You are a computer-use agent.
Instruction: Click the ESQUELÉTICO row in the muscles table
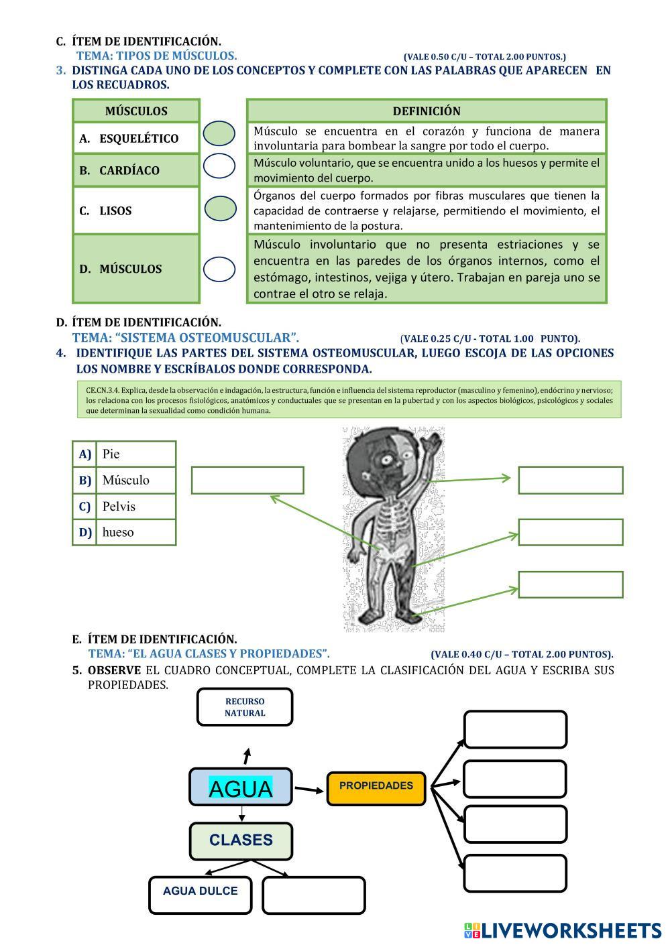[136, 138]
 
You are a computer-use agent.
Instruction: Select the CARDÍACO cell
[136, 170]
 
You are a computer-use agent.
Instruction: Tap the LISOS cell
[136, 210]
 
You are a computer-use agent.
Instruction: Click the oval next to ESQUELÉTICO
[219, 133]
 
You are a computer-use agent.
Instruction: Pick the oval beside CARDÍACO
[219, 166]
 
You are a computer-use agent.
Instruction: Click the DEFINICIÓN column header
[427, 111]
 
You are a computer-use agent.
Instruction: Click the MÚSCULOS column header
[136, 111]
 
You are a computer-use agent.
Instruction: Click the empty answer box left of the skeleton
[247, 480]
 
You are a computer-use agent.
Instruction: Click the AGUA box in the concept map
[241, 787]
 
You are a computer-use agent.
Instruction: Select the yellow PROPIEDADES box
[376, 787]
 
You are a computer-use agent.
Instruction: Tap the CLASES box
[241, 840]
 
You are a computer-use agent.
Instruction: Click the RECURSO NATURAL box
[245, 707]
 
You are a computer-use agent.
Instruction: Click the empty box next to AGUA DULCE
[313, 895]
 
